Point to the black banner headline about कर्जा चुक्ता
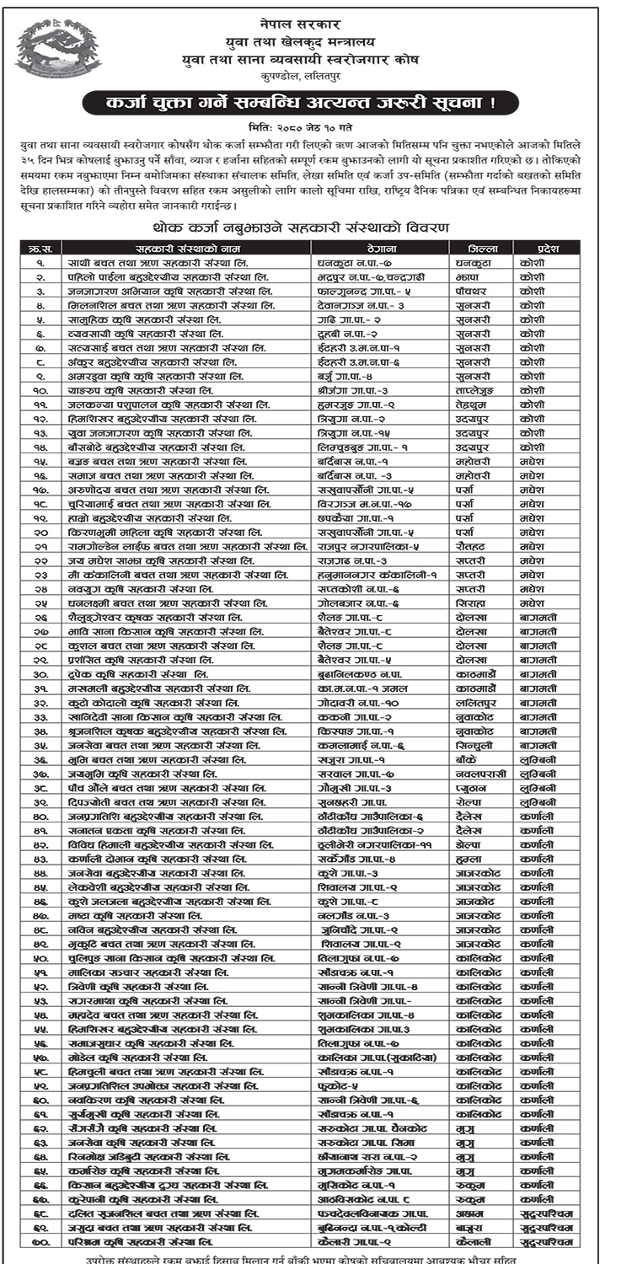317,104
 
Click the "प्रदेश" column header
536,249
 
